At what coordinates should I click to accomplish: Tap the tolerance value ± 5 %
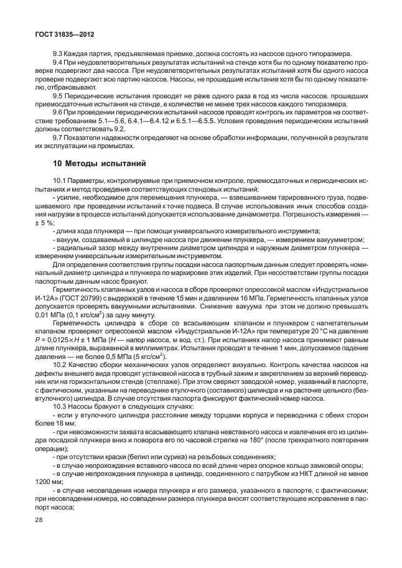pyautogui.click(x=46, y=223)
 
